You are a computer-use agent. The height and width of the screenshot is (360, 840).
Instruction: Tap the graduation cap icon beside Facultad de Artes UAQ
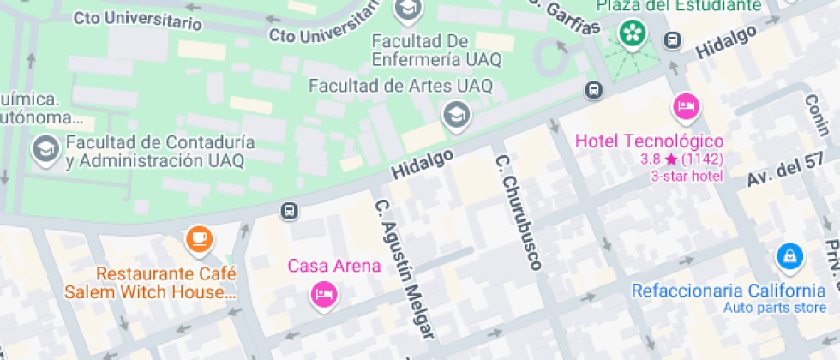click(456, 114)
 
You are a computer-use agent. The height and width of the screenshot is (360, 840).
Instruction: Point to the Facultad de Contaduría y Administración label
click(154, 151)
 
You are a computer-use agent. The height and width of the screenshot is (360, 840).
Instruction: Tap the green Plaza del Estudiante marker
click(633, 33)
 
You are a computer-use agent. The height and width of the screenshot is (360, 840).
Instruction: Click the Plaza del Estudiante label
click(679, 6)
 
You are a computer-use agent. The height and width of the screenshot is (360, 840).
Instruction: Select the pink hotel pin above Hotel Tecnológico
click(685, 107)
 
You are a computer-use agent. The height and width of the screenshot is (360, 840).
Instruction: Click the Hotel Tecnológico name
click(650, 141)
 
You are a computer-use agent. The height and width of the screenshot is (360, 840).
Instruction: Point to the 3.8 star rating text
click(681, 159)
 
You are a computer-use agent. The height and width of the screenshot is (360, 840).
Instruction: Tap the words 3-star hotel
click(687, 176)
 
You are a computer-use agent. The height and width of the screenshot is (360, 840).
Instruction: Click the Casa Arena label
click(334, 266)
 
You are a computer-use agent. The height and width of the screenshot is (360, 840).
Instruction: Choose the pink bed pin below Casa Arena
click(324, 294)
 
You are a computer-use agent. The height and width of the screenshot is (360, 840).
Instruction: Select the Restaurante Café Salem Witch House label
click(165, 283)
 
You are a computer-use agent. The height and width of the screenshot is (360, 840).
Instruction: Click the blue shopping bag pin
click(789, 255)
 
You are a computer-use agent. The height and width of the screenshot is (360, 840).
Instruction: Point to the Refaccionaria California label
click(729, 291)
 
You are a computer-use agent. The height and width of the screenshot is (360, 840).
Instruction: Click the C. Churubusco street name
click(518, 212)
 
